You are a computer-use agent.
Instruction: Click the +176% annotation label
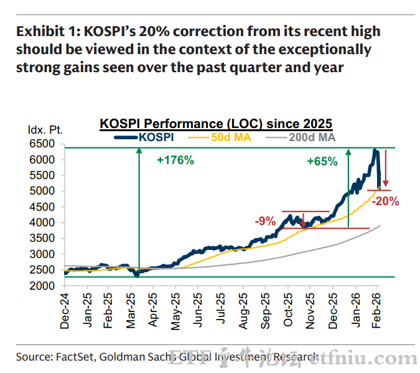pyautogui.click(x=175, y=160)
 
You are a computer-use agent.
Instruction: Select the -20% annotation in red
pyautogui.click(x=386, y=201)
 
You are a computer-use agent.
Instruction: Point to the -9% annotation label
pyautogui.click(x=266, y=221)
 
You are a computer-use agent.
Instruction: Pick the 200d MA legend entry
pyautogui.click(x=312, y=137)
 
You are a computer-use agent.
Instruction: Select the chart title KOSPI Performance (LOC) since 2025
pyautogui.click(x=216, y=124)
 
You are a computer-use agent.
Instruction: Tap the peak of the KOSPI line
pyautogui.click(x=375, y=150)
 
